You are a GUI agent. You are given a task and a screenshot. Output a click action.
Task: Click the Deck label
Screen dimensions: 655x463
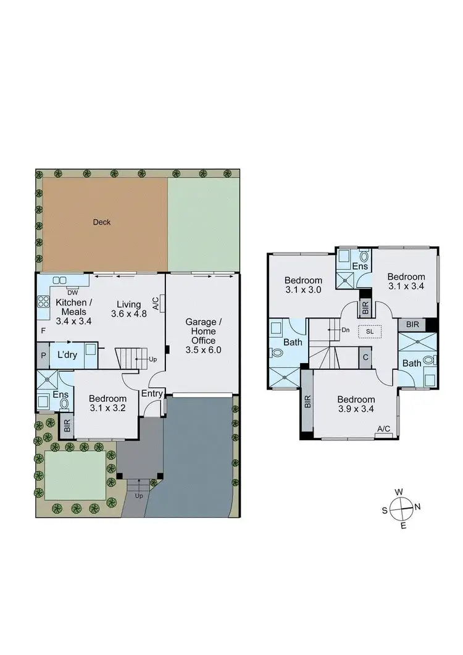[x=102, y=222]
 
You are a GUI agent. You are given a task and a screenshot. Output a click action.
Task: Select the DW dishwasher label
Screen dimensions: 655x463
[x=72, y=292]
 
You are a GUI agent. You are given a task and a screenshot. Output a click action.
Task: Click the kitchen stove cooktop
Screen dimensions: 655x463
[x=44, y=302]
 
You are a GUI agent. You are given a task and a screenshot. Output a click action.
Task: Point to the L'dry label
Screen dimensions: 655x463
[x=66, y=356]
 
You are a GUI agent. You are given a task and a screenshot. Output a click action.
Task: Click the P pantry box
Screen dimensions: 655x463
[x=43, y=356]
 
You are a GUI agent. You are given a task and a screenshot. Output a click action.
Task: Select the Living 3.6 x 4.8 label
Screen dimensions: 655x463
[x=125, y=308]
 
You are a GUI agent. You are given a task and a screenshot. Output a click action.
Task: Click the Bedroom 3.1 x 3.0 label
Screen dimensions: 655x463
[x=303, y=285]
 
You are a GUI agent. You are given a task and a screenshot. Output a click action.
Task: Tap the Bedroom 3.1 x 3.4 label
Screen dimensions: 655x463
[x=406, y=281]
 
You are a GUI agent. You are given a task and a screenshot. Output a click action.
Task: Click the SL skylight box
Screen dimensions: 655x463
[x=370, y=330]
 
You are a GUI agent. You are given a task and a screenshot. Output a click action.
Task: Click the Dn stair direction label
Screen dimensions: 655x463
[x=346, y=330]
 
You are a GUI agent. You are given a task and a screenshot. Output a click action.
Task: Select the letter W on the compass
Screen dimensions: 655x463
[x=399, y=491]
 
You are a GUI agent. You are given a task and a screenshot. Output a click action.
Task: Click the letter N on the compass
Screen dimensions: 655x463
[x=418, y=507]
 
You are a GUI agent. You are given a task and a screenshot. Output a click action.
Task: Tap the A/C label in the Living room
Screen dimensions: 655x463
[x=156, y=303]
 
